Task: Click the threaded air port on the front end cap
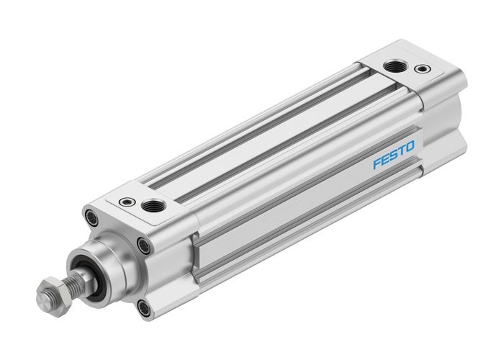(153, 207)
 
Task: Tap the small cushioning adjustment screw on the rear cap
(420, 71)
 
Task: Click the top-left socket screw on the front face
(91, 215)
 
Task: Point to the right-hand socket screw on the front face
(145, 246)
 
